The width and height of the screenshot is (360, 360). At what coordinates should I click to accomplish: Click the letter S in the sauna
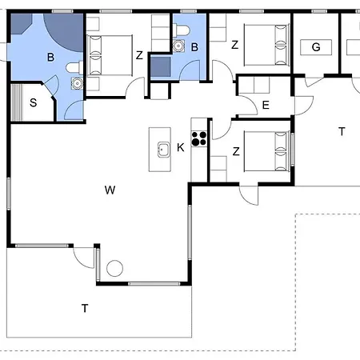pos(33,102)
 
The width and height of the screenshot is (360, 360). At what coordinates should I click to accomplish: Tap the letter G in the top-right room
pos(316,47)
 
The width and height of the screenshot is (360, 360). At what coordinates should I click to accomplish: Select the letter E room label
pos(266,105)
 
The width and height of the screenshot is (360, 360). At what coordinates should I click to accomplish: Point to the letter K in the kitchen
pos(181,147)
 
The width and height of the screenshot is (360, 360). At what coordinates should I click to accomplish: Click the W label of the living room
pos(110,190)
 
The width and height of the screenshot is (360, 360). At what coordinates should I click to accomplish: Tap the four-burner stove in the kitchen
pos(199,138)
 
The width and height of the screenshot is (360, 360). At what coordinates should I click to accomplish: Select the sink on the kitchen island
pos(164,150)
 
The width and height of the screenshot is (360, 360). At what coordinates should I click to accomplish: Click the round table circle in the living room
pos(114,268)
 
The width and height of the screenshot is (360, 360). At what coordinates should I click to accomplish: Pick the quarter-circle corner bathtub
pos(66,30)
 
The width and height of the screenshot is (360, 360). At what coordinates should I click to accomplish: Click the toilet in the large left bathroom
pos(74,67)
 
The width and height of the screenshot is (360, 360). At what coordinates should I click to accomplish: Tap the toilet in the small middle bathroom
pos(182,30)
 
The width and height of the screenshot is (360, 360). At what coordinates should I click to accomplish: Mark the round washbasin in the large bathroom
pos(77,83)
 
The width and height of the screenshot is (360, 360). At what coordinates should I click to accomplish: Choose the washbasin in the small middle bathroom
pos(178,46)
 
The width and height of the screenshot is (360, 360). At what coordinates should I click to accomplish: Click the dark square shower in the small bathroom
pos(161,66)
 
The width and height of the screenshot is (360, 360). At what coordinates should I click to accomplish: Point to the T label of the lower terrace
pos(85,308)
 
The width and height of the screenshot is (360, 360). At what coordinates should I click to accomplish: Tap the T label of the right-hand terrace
pos(342,131)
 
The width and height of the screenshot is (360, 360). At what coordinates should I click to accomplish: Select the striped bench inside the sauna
pos(17,102)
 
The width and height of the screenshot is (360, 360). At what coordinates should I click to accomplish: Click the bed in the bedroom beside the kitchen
pos(267,151)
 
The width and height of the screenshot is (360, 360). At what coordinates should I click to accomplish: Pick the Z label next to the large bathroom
pos(139,55)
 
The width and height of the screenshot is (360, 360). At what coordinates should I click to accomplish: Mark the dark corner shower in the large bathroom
pos(20,23)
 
